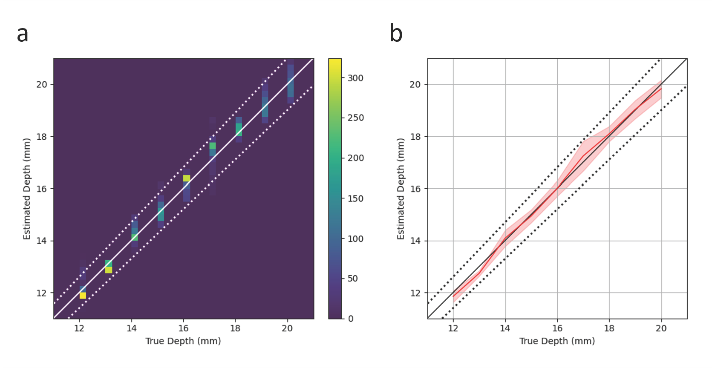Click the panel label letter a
pos(23,34)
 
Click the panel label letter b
pos(396,33)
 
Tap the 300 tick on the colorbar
pos(355,78)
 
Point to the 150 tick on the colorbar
pos(355,198)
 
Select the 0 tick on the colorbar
pos(350,319)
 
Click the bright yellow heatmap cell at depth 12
pos(83,296)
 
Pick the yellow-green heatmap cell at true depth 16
pos(187,178)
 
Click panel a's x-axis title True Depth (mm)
pos(183,341)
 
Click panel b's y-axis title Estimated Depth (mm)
pos(401,189)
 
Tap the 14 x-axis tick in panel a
pos(131,328)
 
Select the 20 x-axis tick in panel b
pos(661,328)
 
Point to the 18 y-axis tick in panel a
pos(41,137)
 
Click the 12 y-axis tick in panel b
pos(415,293)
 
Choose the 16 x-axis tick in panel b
pos(557,328)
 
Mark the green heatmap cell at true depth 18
pos(239,129)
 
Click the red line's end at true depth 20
pos(661,89)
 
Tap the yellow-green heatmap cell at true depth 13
pos(109,270)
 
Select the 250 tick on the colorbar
pos(355,118)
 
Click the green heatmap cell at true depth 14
pos(135,237)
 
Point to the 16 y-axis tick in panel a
pos(41,189)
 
